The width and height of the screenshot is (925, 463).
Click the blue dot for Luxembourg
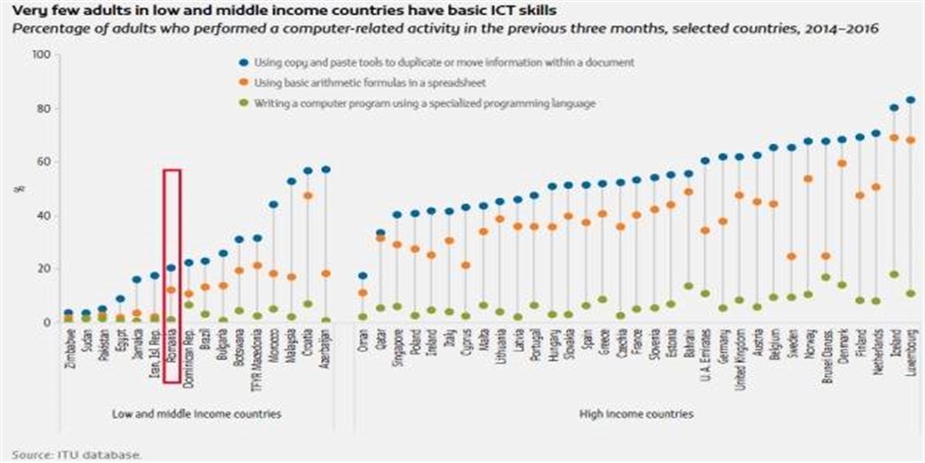click(910, 100)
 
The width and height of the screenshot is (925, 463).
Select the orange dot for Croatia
click(307, 195)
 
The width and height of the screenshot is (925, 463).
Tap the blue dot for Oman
click(363, 276)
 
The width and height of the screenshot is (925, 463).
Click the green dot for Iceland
click(894, 274)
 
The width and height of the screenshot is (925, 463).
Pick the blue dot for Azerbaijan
click(325, 169)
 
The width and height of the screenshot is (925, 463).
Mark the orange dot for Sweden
click(791, 257)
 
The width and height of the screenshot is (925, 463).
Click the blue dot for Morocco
click(273, 205)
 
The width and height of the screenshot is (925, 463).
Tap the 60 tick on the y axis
click(42, 162)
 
